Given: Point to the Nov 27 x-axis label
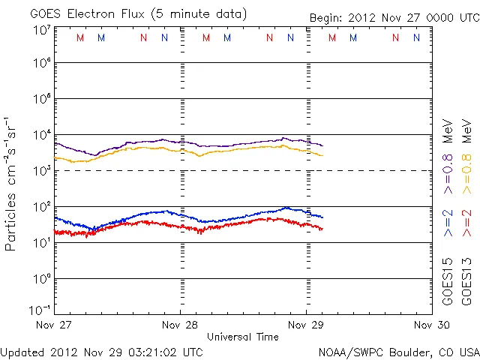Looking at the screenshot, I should [55, 325].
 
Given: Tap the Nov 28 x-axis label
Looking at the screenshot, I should [181, 325].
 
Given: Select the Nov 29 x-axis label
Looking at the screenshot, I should [306, 325].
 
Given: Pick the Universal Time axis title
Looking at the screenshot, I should [243, 337].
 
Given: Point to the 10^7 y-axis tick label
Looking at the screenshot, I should [41, 30].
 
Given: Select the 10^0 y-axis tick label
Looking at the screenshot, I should [41, 279].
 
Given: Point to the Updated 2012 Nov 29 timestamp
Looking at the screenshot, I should [102, 352].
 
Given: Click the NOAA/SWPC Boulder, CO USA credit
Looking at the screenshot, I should [398, 352].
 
